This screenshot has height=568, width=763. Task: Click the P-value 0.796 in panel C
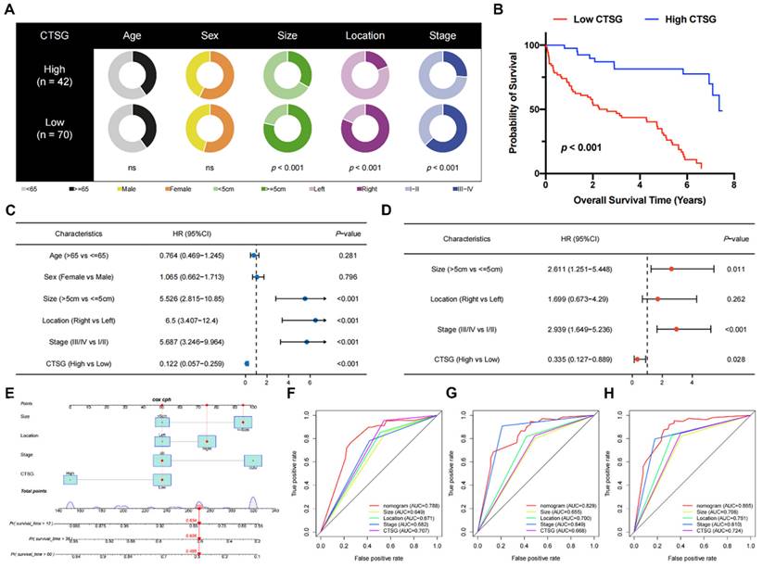(345, 275)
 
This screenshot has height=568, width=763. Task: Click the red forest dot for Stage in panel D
(677, 328)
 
